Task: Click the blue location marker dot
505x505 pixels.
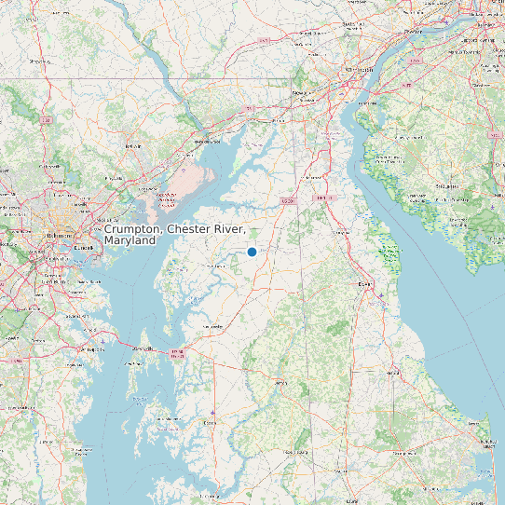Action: point(252,252)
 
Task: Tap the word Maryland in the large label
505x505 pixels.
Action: point(130,240)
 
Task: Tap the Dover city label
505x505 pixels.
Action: point(364,283)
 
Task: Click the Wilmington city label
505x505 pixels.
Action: point(359,70)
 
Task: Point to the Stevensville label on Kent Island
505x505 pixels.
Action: point(143,348)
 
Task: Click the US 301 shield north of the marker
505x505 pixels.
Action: point(288,200)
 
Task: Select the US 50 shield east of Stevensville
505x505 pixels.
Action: point(178,354)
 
